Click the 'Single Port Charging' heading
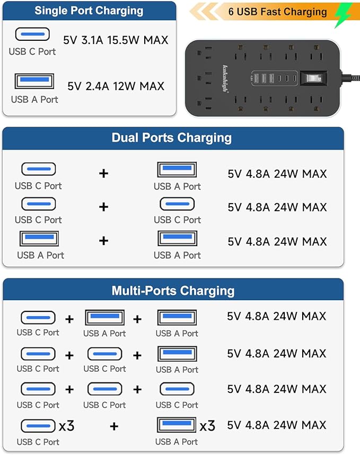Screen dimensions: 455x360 pos(89,11)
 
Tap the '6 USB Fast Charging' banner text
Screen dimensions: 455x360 pos(277,11)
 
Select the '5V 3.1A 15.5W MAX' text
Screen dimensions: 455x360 pos(116,40)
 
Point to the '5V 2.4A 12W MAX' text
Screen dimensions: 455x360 pos(116,86)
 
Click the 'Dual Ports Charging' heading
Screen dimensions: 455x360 pos(172,138)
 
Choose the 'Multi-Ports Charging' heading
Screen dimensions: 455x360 pos(173,291)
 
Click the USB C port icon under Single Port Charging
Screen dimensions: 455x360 pos(32,35)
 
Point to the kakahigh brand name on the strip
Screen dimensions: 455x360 pos(225,78)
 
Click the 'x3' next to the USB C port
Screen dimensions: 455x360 pos(66,426)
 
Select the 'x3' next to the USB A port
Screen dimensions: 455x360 pos(207,425)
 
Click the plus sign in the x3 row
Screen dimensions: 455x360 pos(114,426)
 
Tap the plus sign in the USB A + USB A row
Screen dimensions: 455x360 pos(104,241)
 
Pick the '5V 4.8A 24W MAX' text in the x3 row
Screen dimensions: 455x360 pos(277,425)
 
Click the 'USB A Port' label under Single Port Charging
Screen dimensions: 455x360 pos(35,99)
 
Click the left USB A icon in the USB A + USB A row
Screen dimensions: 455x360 pos(39,238)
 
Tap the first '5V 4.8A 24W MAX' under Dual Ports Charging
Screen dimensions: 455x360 pos(277,173)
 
